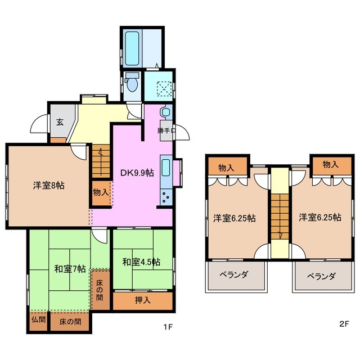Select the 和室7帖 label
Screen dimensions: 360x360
(70, 268)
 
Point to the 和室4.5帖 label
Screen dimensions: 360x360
(141, 262)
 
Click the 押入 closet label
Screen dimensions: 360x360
(142, 300)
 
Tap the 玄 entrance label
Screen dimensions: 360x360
(59, 120)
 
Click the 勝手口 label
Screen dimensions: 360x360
(166, 130)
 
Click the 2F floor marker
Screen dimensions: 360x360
(344, 325)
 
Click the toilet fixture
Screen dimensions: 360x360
(133, 83)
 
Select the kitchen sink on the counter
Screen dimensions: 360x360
(166, 168)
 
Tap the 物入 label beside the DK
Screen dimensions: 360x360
(101, 192)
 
